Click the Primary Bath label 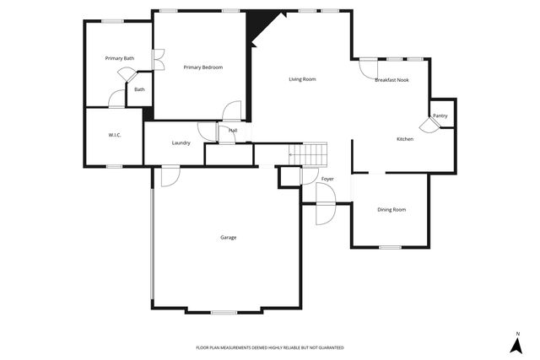(x=119, y=58)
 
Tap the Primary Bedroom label (x=202, y=67)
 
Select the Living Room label (x=302, y=79)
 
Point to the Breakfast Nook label (x=391, y=80)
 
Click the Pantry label (x=440, y=116)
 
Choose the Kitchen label (x=405, y=139)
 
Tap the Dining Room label (x=391, y=210)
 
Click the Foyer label (x=327, y=180)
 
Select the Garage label (x=229, y=238)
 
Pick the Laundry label (x=181, y=143)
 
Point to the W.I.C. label (x=115, y=135)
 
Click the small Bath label (x=139, y=89)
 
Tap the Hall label (x=232, y=131)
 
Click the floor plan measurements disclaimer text (x=270, y=347)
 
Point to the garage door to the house (x=168, y=176)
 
